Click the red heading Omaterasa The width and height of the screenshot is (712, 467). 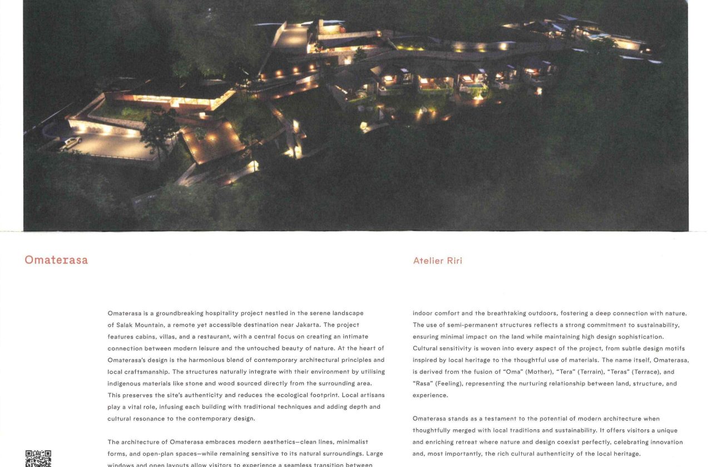tap(56, 260)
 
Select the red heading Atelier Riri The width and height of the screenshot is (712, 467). tap(437, 261)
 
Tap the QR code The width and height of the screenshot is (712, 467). tap(38, 459)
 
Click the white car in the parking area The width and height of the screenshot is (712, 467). tap(72, 142)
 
